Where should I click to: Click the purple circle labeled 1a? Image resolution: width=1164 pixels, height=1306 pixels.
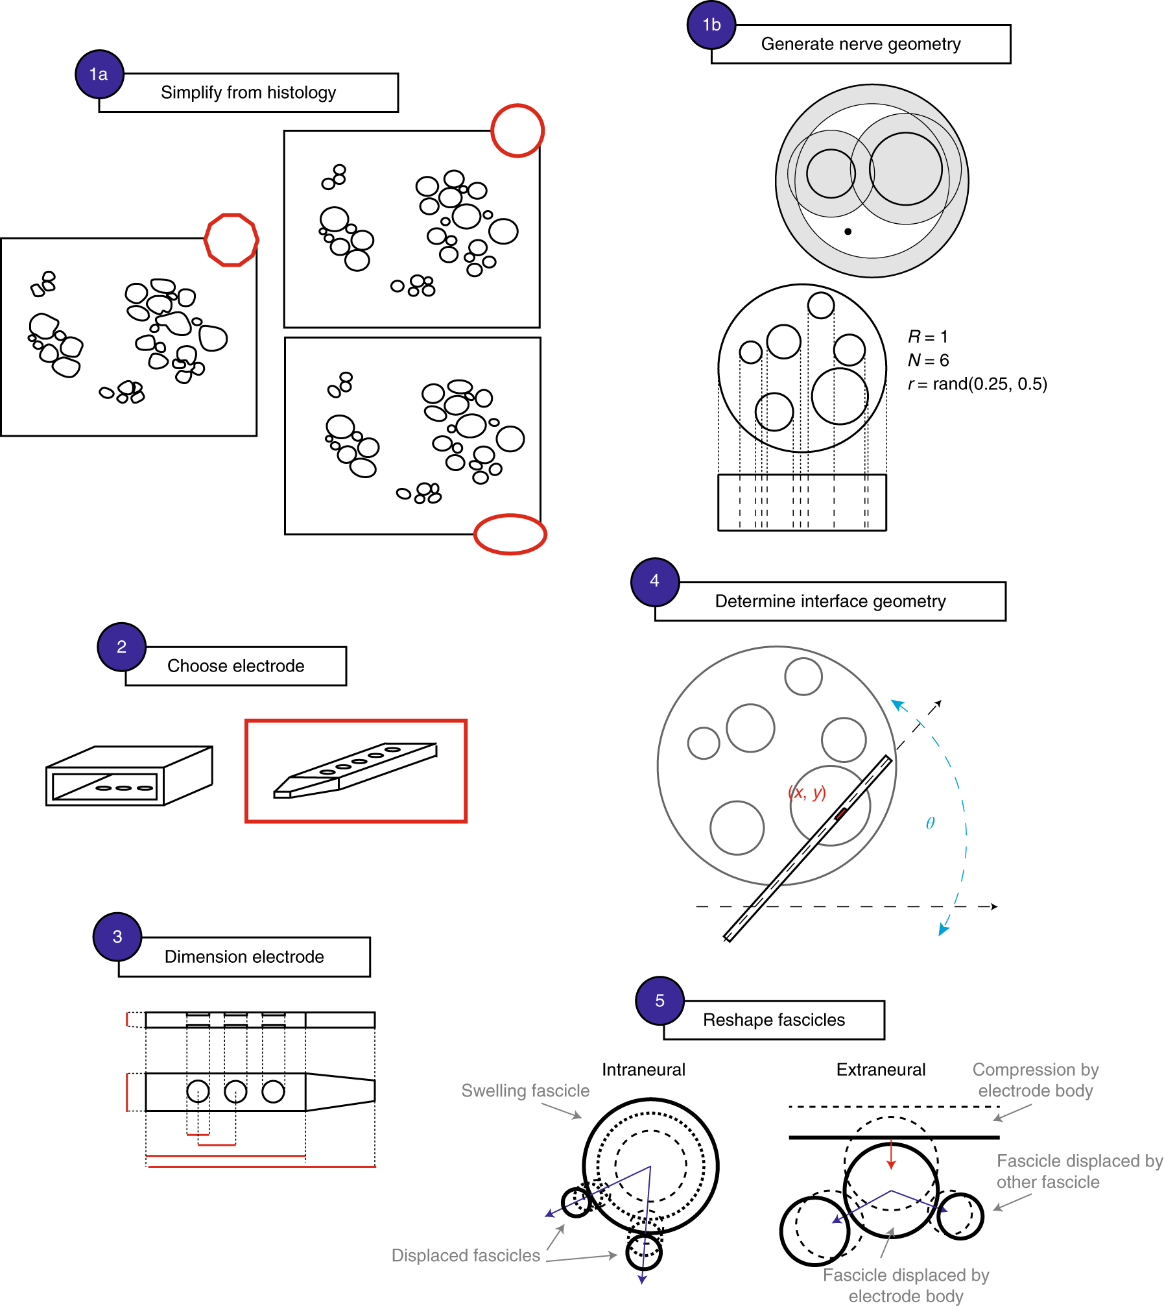(99, 74)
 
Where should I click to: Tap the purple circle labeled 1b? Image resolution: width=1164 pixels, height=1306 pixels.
(711, 25)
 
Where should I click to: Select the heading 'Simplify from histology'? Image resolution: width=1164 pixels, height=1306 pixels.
(248, 93)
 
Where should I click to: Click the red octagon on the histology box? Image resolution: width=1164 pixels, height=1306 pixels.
(232, 239)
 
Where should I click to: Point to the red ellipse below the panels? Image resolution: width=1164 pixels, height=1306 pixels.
(510, 534)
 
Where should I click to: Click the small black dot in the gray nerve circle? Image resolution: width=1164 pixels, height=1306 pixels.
(848, 232)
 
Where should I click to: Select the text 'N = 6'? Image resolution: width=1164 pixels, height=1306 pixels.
(928, 360)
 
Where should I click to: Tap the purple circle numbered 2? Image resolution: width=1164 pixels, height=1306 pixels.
(121, 647)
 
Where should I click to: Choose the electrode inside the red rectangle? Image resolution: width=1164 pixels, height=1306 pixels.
(355, 770)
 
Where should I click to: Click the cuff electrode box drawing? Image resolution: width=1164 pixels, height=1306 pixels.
(128, 775)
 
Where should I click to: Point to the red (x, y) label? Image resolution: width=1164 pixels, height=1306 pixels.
(807, 792)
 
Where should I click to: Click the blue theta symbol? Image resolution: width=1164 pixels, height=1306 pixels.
(930, 823)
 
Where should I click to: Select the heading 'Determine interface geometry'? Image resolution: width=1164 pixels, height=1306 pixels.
(830, 601)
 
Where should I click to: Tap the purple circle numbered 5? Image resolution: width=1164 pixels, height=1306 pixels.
(659, 1000)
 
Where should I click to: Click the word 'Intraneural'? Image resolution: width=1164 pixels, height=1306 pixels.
(643, 1070)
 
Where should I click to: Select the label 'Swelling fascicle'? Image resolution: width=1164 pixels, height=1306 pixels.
(525, 1091)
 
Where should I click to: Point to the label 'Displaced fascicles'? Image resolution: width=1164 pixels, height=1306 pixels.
(466, 1255)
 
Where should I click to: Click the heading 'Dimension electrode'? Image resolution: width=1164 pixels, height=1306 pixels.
(244, 957)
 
